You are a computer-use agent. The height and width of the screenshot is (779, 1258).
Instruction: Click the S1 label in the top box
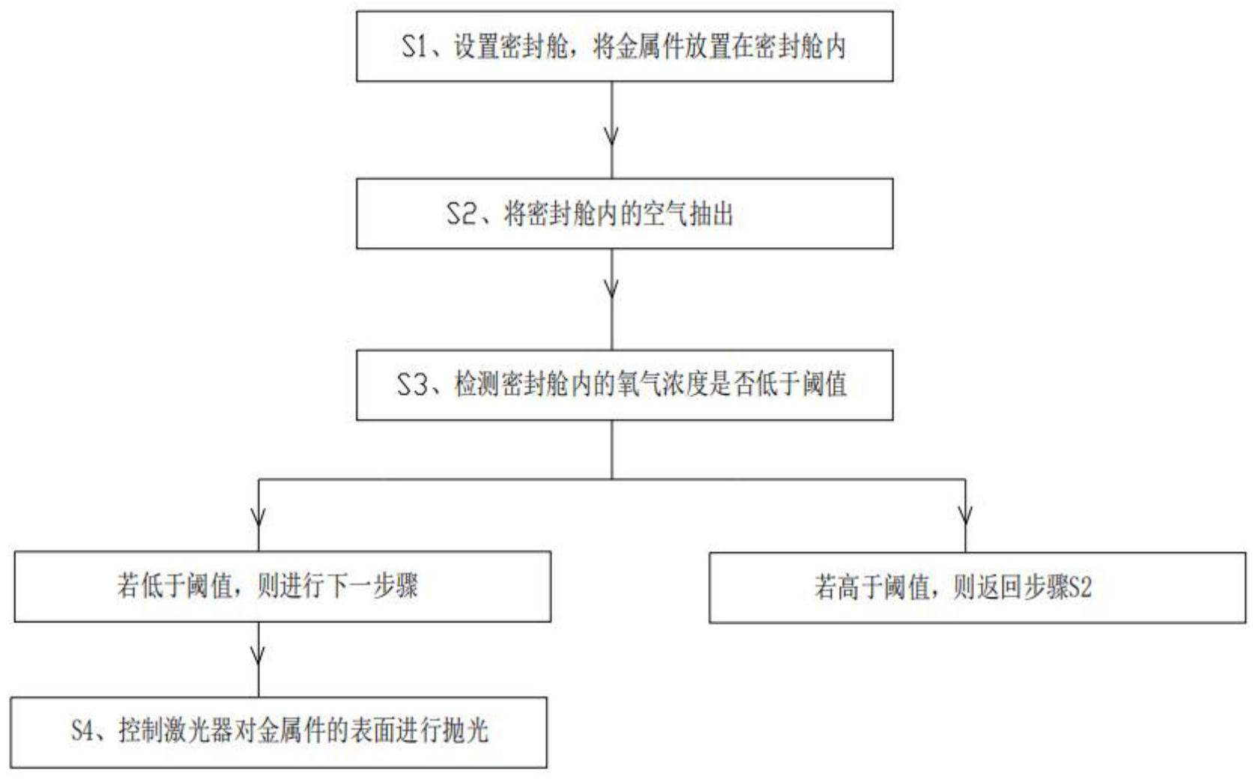click(x=414, y=46)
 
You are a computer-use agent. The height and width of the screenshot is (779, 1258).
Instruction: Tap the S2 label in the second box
click(x=460, y=214)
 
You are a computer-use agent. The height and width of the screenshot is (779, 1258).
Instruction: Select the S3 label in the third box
click(x=411, y=385)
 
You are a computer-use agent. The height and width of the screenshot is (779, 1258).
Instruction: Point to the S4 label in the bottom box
click(x=84, y=731)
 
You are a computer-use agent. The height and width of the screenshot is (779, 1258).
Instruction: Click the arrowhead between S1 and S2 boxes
click(x=611, y=136)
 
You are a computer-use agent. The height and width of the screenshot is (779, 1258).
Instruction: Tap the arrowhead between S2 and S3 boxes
click(x=611, y=288)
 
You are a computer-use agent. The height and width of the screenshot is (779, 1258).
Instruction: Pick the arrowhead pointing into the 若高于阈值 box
click(x=965, y=516)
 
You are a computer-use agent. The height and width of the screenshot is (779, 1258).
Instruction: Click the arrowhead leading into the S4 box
click(x=258, y=655)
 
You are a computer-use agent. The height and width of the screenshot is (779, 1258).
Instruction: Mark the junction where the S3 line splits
click(x=611, y=479)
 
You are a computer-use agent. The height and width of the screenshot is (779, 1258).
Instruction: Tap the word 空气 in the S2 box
click(x=665, y=214)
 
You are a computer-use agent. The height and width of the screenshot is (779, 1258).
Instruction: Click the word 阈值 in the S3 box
click(x=824, y=385)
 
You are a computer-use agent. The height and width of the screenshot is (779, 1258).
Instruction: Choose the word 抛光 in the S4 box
click(x=465, y=731)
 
